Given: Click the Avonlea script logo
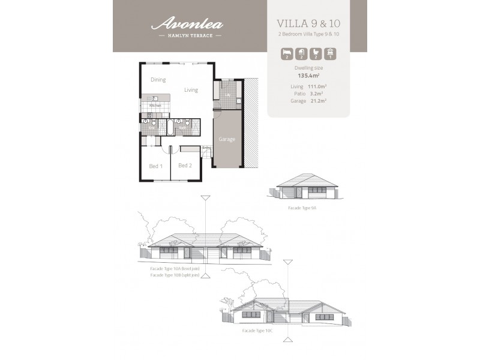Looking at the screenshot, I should click(187, 25).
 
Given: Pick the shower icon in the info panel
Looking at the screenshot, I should click(299, 55).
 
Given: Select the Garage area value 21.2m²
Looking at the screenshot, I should click(318, 101).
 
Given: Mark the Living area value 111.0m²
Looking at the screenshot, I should click(317, 86).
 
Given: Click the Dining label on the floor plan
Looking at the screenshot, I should click(158, 80).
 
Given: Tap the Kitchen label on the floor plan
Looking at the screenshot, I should click(154, 106).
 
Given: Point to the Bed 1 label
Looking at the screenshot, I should click(155, 166).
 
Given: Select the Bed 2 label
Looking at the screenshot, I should click(185, 166).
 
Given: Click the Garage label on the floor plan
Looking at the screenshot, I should click(227, 139).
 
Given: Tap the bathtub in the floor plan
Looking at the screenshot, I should click(169, 127).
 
